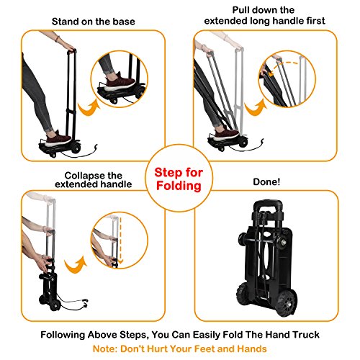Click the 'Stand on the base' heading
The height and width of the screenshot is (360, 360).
[x=94, y=22]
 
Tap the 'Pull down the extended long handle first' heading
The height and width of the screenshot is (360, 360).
[x=264, y=15]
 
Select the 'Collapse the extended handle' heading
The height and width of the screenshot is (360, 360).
[x=94, y=180]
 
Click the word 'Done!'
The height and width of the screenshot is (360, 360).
[x=266, y=181]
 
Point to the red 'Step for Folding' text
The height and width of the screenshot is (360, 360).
[x=179, y=179]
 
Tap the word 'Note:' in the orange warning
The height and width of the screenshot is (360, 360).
[x=105, y=348]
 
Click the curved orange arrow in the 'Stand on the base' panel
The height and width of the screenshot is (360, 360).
[x=89, y=108]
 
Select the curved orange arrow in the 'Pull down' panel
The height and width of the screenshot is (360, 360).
[x=256, y=108]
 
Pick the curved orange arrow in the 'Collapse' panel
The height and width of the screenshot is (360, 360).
[x=75, y=266]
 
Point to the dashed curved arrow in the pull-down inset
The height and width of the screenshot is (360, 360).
[x=283, y=67]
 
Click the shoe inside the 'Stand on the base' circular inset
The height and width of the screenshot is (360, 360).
[x=120, y=81]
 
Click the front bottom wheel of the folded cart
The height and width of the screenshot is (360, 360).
[x=286, y=304]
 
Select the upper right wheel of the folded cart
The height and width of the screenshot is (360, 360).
[x=284, y=242]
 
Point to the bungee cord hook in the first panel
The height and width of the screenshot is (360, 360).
[x=96, y=148]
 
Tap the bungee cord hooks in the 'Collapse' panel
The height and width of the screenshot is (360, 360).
[x=85, y=303]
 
